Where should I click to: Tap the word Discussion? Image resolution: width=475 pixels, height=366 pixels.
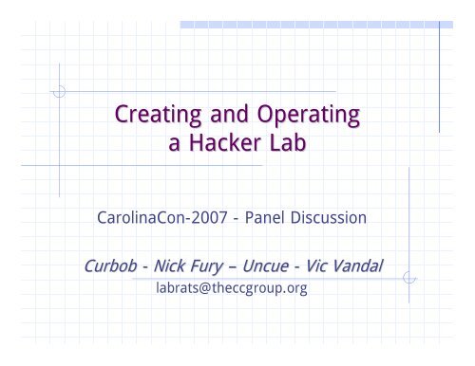pos(336,218)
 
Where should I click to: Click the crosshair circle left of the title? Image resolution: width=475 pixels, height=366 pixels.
pos(60,93)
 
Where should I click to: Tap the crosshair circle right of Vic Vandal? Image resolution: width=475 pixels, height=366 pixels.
pos(409,277)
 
